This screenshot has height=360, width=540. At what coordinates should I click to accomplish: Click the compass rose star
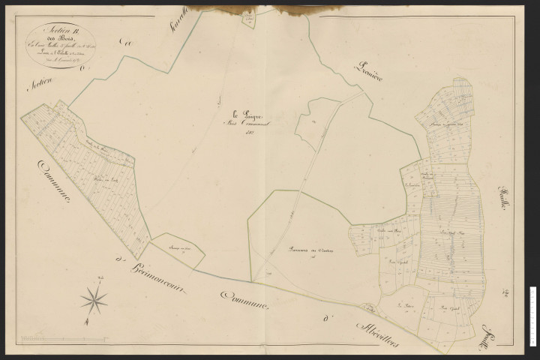(x=94, y=300)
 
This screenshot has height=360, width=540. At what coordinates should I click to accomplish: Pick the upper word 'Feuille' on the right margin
(x=505, y=201)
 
